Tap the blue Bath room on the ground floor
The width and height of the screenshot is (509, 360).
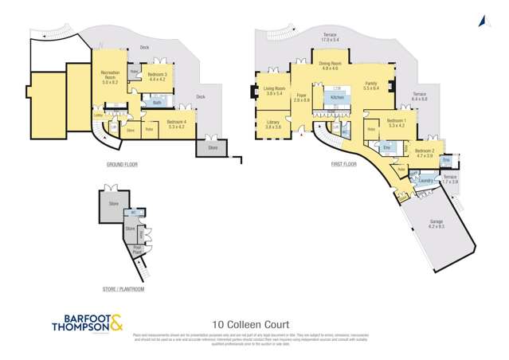tap(157, 103)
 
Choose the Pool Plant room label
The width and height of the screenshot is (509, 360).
tap(136, 248)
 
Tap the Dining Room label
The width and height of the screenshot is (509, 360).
tap(330, 65)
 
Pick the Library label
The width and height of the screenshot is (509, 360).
tap(273, 124)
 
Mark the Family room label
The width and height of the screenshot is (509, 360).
tap(370, 85)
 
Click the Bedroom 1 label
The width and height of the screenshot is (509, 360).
tap(396, 123)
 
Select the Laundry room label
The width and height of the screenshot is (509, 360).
tap(423, 182)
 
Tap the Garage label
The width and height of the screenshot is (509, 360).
tap(436, 224)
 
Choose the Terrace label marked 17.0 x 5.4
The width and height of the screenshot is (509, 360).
tap(329, 37)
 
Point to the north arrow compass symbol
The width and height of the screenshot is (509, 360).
tap(482, 22)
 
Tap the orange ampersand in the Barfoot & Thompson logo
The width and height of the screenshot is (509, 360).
tap(116, 323)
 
